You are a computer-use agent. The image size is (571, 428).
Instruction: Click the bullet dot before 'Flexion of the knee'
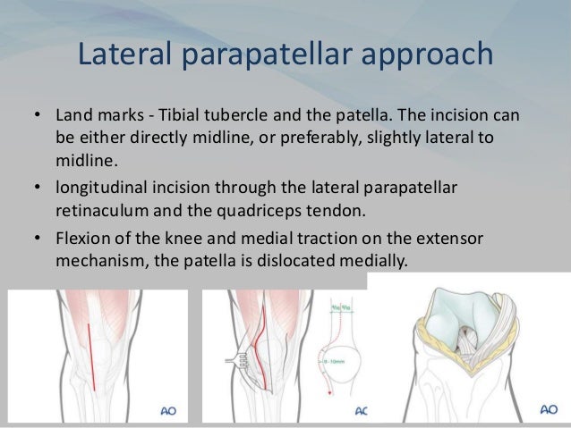38,238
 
